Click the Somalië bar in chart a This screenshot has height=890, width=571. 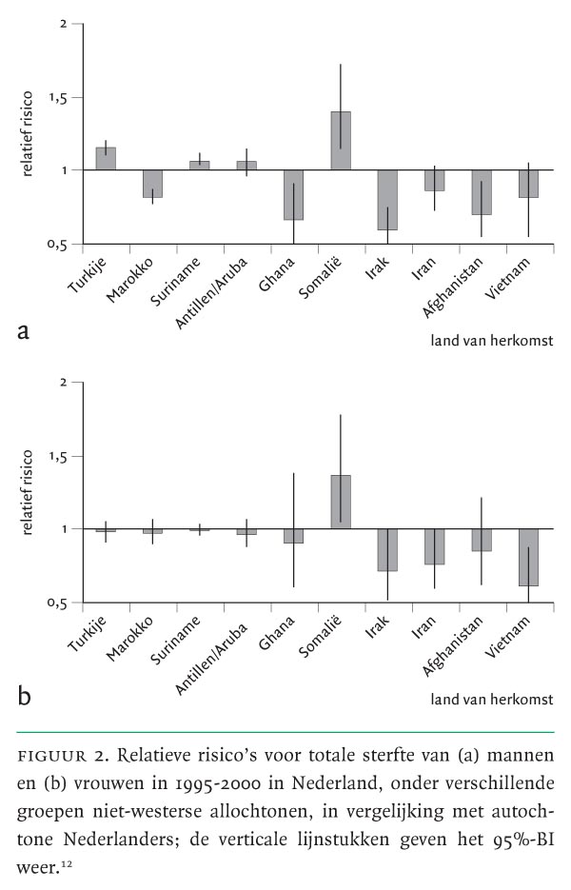[341, 141]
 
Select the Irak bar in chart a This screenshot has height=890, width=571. [387, 200]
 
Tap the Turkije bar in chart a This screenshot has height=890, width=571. [106, 159]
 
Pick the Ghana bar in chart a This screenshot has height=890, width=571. [294, 195]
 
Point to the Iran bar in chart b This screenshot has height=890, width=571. [434, 546]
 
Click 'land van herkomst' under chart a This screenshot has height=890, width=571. [491, 338]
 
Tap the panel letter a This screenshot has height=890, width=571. [23, 332]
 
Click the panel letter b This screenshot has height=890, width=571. [24, 694]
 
